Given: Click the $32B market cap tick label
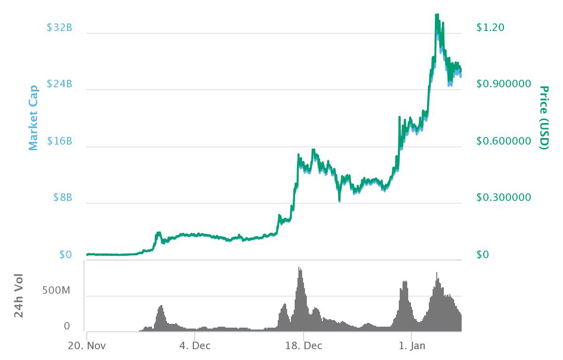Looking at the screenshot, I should pos(60,28).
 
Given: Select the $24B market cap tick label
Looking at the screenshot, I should pos(60,84).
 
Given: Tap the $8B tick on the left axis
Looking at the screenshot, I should pos(63,198).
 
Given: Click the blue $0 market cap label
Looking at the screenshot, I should pos(66,255).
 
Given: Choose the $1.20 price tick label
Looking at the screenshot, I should pos(490,28).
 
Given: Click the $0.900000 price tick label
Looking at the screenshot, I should pos(503,84).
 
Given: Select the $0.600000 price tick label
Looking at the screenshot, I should pos(503,141).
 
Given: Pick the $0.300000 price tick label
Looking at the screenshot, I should pos(503,198).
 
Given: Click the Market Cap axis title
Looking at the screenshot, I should pos(33,118).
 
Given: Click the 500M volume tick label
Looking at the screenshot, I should pos(56,291).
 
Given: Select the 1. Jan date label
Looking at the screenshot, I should pos(412,346).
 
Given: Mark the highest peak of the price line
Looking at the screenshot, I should pos(437,15).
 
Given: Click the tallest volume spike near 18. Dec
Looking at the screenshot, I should pos(299,268).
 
